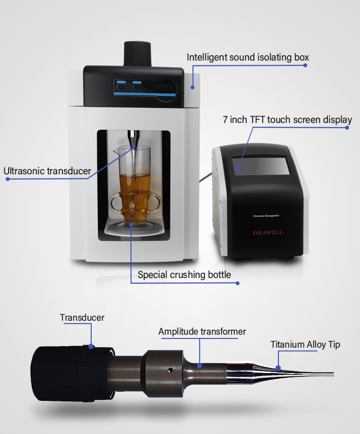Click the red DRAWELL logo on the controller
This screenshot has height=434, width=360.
[x=268, y=233]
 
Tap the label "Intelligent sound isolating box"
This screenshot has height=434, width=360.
[x=248, y=58]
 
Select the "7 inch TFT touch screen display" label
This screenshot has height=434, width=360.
[x=288, y=120]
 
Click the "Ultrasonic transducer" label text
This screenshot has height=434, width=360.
[x=47, y=170]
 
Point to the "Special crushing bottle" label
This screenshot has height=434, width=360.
[x=184, y=275]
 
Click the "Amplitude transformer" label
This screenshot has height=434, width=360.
[x=202, y=332]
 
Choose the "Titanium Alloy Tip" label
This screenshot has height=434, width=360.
[x=305, y=344]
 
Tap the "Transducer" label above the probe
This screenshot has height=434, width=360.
[x=82, y=317]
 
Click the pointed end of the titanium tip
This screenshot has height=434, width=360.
[x=331, y=374]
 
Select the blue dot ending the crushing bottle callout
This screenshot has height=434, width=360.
[x=237, y=283]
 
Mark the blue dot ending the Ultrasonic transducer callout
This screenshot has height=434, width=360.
[x=8, y=179]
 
